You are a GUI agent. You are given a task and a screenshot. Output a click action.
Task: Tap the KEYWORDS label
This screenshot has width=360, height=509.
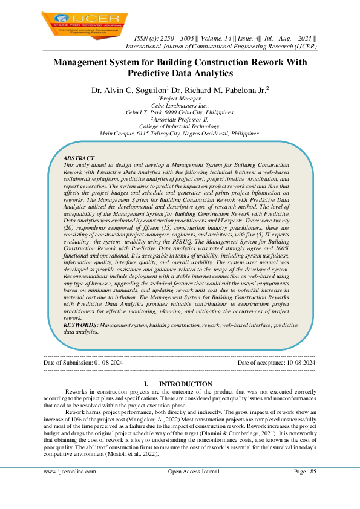pyautogui.click(x=81, y=325)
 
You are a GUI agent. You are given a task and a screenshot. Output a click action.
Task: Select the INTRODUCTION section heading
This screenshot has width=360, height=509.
pyautogui.click(x=185, y=384)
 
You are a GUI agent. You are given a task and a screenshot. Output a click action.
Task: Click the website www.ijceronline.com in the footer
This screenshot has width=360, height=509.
pyautogui.click(x=70, y=472)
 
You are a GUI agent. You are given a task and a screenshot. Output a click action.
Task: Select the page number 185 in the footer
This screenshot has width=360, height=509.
pyautogui.click(x=310, y=472)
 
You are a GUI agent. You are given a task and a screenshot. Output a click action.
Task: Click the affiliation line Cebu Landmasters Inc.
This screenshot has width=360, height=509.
pyautogui.click(x=180, y=106)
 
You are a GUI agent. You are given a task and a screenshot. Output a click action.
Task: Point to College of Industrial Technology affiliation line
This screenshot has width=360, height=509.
pyautogui.click(x=179, y=126)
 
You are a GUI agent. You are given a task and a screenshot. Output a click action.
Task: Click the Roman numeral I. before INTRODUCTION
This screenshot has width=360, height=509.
pyautogui.click(x=146, y=384)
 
